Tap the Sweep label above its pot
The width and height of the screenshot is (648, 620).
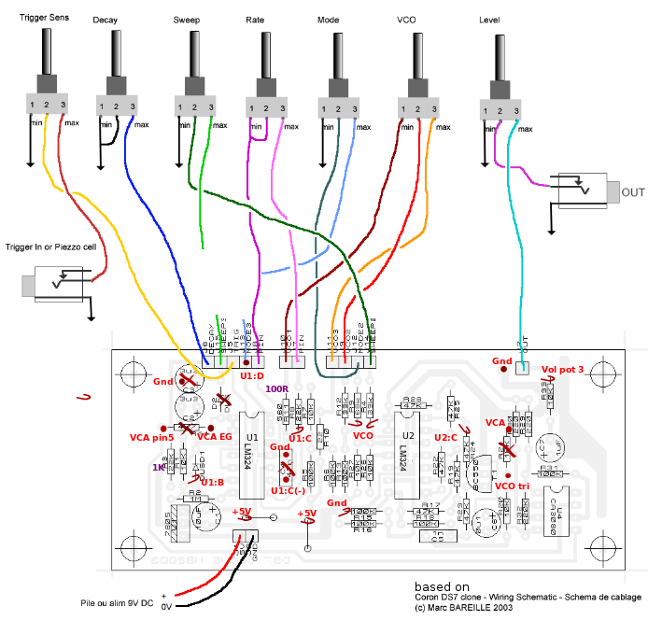[186, 20]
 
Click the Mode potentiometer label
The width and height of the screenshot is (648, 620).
[328, 20]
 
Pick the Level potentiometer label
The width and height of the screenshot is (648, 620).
[489, 20]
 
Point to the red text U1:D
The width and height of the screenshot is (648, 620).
[253, 375]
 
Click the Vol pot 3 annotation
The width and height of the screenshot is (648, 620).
[561, 370]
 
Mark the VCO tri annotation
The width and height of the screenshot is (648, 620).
[513, 486]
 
